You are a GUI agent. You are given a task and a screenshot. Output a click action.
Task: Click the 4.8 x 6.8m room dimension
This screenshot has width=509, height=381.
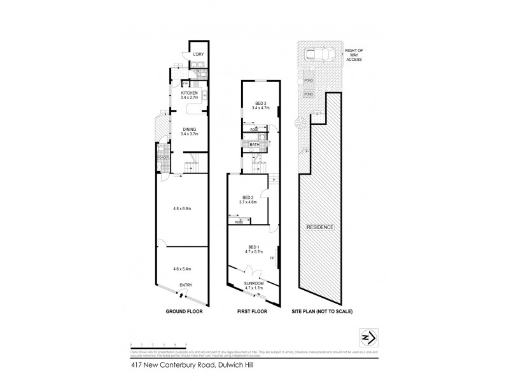(183, 208)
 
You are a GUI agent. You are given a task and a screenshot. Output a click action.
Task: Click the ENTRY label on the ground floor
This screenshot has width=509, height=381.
(186, 284)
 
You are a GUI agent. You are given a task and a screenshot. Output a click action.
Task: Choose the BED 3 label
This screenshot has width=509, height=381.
(260, 105)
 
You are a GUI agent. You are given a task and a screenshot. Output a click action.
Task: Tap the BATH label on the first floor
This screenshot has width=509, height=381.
(254, 144)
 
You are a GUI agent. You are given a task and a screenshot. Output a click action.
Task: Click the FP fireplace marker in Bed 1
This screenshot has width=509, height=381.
(272, 258)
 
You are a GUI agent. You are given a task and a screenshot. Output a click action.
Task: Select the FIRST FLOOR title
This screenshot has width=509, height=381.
(253, 312)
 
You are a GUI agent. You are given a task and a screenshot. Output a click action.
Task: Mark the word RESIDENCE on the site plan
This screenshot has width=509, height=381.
(321, 227)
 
